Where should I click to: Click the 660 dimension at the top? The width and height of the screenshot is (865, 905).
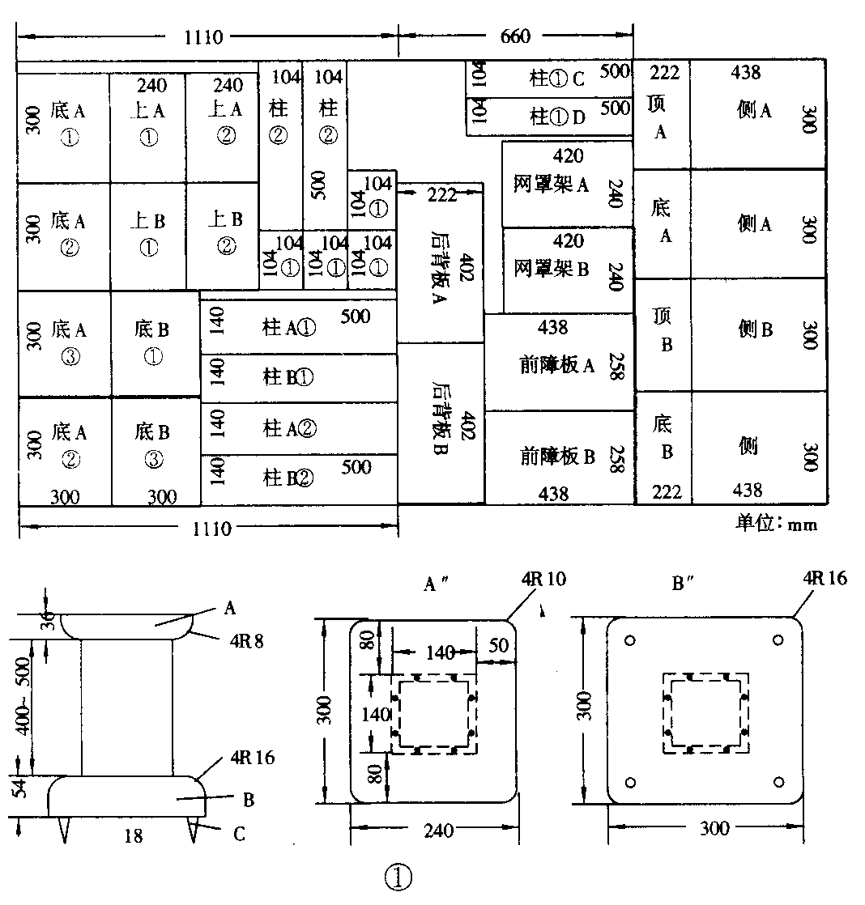515,36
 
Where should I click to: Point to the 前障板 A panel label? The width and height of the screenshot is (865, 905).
557,365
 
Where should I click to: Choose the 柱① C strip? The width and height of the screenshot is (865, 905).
557,79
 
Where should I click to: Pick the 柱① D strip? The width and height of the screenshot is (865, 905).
557,117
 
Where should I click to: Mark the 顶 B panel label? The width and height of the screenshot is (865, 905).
662,330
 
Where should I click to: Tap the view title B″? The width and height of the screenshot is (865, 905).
685,583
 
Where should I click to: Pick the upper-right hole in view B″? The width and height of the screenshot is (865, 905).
778,639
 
